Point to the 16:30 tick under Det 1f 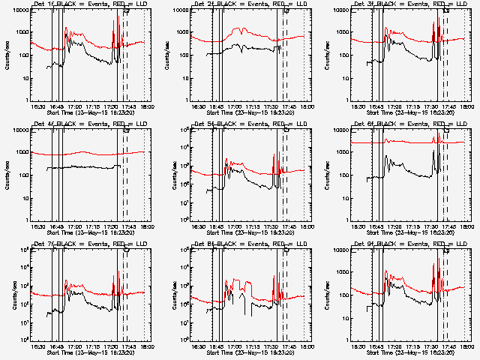coord(37,107)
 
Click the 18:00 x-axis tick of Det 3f coord(466,107)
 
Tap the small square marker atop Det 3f coord(447,11)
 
